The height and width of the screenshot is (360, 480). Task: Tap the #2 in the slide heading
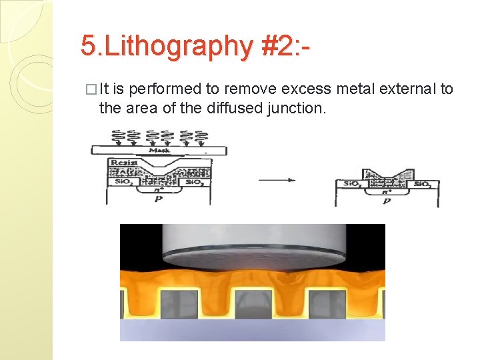click(274, 46)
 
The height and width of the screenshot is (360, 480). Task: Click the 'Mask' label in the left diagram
click(158, 150)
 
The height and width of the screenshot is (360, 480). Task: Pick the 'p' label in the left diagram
click(159, 199)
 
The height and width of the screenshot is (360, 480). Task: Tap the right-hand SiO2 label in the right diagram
click(421, 184)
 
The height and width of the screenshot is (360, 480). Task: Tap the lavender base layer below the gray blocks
click(253, 331)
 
